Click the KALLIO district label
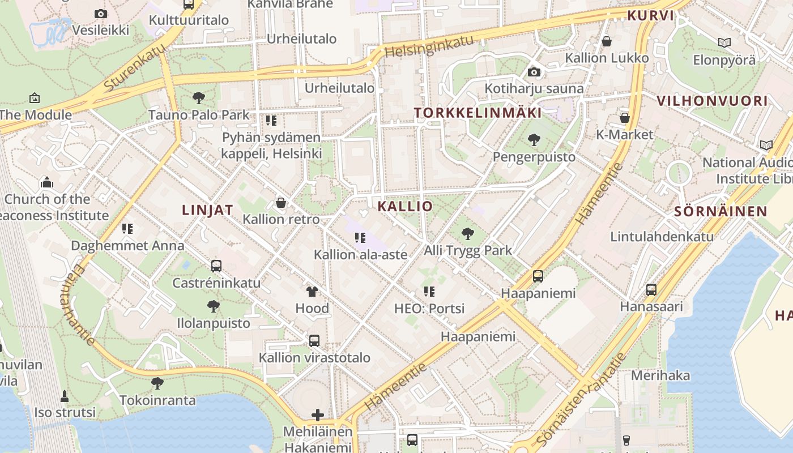tap(405, 206)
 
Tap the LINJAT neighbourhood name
tap(207, 210)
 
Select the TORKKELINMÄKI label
tap(477, 113)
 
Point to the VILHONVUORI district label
tap(712, 101)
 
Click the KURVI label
tap(651, 16)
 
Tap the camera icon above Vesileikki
tap(101, 14)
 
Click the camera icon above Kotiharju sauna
tap(534, 72)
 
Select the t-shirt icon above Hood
tap(312, 292)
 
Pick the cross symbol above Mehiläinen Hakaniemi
tap(318, 415)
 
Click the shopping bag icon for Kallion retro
tap(281, 203)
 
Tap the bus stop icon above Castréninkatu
tap(216, 266)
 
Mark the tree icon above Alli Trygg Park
tap(468, 233)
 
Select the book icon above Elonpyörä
tap(724, 42)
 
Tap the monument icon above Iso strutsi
tap(65, 395)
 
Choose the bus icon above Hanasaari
tap(651, 290)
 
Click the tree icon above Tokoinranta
tap(157, 383)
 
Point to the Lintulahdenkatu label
tap(662, 237)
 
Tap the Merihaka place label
tap(660, 375)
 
